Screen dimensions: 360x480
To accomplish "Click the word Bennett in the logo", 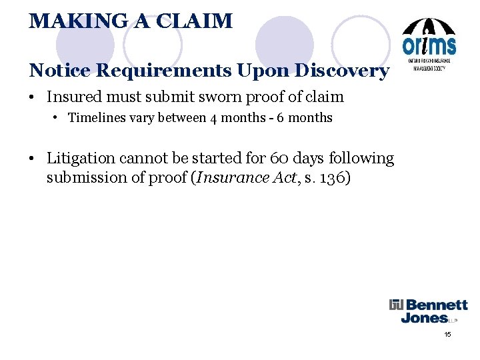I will pyautogui.click(x=437, y=306).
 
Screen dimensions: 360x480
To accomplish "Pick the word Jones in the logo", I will pyautogui.click(x=425, y=318).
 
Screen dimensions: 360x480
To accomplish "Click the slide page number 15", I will pyautogui.click(x=448, y=334).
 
